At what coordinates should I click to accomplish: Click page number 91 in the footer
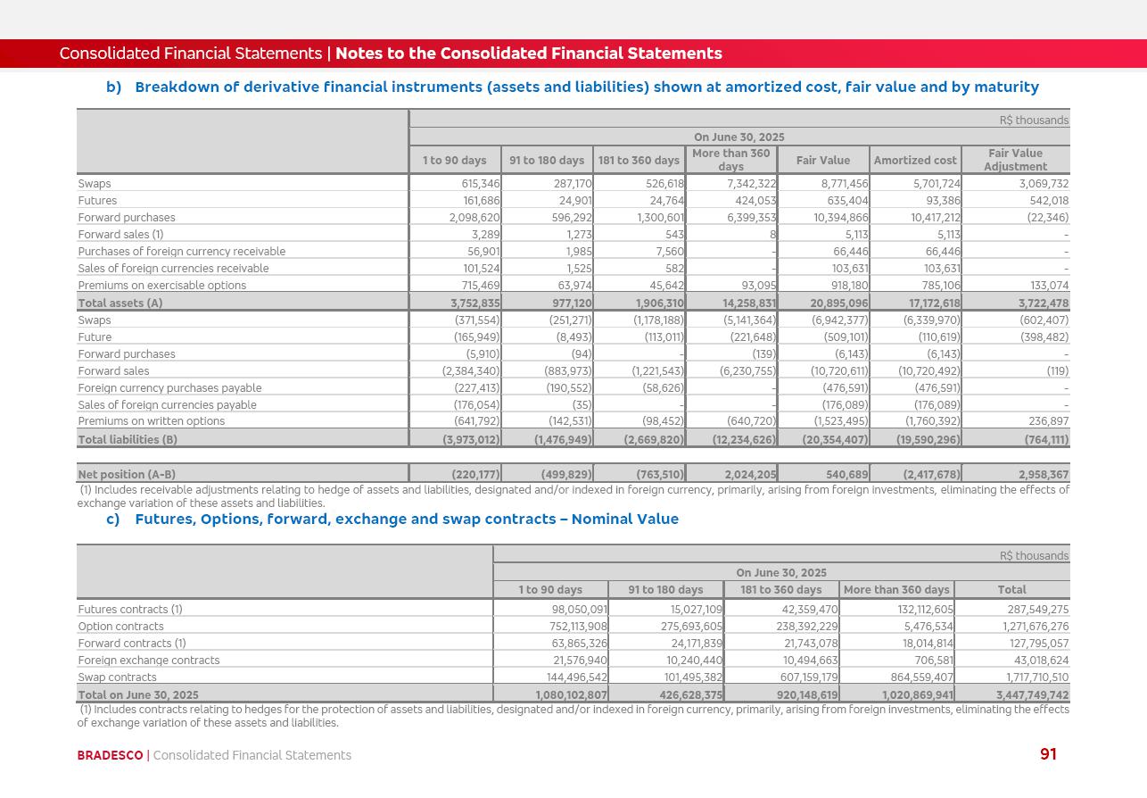(1048, 754)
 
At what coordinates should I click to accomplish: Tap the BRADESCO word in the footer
(110, 755)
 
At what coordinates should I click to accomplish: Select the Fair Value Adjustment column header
(1015, 160)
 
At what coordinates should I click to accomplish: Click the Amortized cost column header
(915, 161)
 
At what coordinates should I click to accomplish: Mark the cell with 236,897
(1047, 421)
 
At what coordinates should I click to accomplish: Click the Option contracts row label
(120, 627)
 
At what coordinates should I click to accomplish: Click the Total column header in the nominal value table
(1011, 590)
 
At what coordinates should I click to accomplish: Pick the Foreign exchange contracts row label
(148, 661)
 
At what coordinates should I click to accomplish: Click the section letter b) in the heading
(113, 87)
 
